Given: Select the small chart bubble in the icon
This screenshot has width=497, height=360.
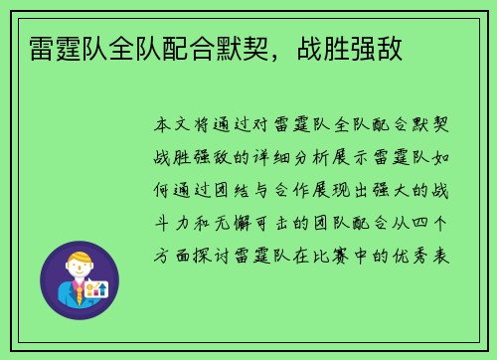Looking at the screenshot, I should (96, 287).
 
